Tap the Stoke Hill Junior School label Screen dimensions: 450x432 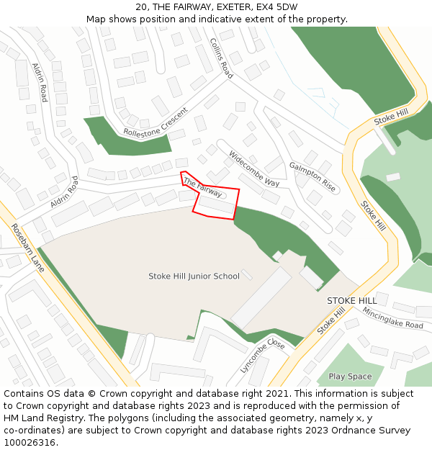[x=194, y=276]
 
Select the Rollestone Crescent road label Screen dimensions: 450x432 [x=156, y=122]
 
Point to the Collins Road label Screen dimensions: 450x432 [x=221, y=58]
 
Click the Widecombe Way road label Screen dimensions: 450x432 [x=253, y=168]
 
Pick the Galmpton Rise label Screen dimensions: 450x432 [x=312, y=176]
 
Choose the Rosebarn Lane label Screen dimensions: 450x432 [x=27, y=248]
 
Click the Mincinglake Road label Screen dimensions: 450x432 [x=392, y=318]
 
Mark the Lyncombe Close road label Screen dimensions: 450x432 [x=263, y=355]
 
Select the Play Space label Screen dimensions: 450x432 [x=350, y=377]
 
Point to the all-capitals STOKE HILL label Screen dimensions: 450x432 [x=351, y=300]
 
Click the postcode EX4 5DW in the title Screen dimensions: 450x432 [x=276, y=7]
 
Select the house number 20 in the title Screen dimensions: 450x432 [x=141, y=7]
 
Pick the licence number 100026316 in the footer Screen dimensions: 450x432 [x=30, y=443]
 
